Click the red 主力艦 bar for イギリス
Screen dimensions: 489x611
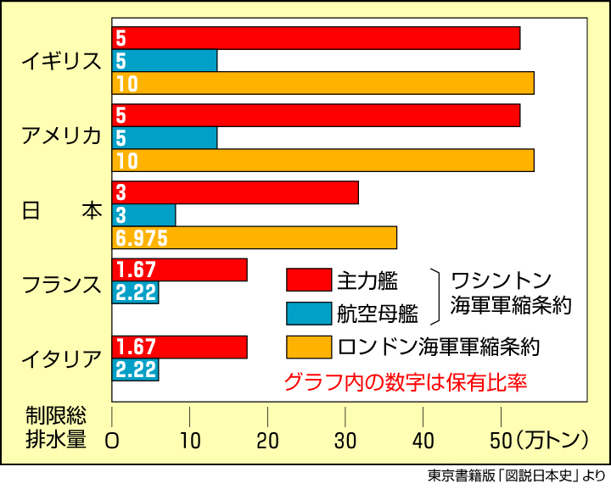[316, 38]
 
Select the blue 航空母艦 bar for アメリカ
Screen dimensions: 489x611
[165, 137]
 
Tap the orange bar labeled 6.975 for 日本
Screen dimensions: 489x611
[255, 237]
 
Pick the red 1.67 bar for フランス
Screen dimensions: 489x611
[180, 270]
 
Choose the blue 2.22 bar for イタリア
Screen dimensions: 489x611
[136, 370]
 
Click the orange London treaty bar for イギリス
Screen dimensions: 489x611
[322, 83]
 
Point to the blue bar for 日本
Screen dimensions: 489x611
[144, 214]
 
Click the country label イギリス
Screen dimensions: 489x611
[63, 61]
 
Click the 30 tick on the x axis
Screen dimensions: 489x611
[345, 440]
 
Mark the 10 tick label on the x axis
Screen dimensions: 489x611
[189, 440]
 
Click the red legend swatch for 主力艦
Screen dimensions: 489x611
[308, 280]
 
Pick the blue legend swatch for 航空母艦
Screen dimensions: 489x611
[308, 313]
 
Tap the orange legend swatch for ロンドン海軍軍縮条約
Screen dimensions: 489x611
[308, 347]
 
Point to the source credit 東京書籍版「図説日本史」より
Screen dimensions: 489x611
[517, 476]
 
